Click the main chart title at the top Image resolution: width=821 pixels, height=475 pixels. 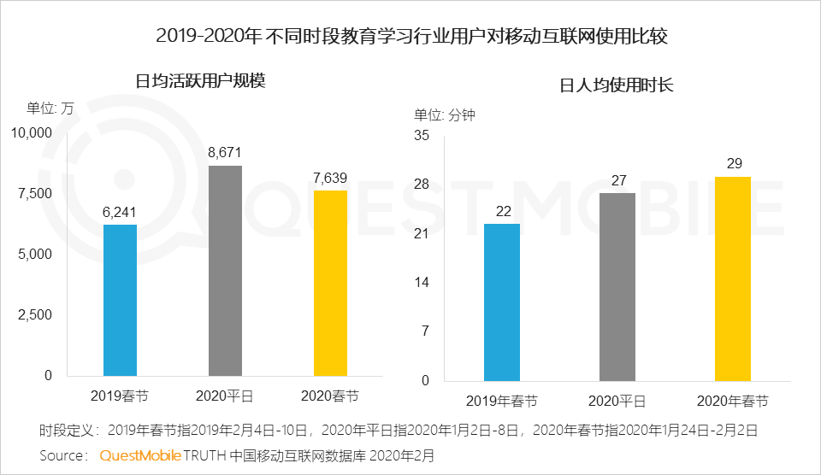(411, 37)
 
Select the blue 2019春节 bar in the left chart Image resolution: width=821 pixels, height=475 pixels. (120, 300)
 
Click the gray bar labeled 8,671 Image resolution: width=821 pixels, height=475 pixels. (226, 270)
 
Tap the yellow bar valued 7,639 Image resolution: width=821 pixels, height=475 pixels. (331, 283)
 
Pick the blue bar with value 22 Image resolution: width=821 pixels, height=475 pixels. (502, 302)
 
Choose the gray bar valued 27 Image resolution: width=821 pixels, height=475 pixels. (617, 286)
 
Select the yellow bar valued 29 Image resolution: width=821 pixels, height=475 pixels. (733, 279)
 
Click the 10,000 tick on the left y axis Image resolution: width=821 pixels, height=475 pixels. (32, 132)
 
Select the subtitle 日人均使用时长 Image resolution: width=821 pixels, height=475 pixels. (617, 85)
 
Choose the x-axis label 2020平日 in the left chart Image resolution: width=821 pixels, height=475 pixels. (226, 396)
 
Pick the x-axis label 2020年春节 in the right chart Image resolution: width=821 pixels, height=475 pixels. (733, 402)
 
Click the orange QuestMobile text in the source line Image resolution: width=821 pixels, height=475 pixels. (140, 455)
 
